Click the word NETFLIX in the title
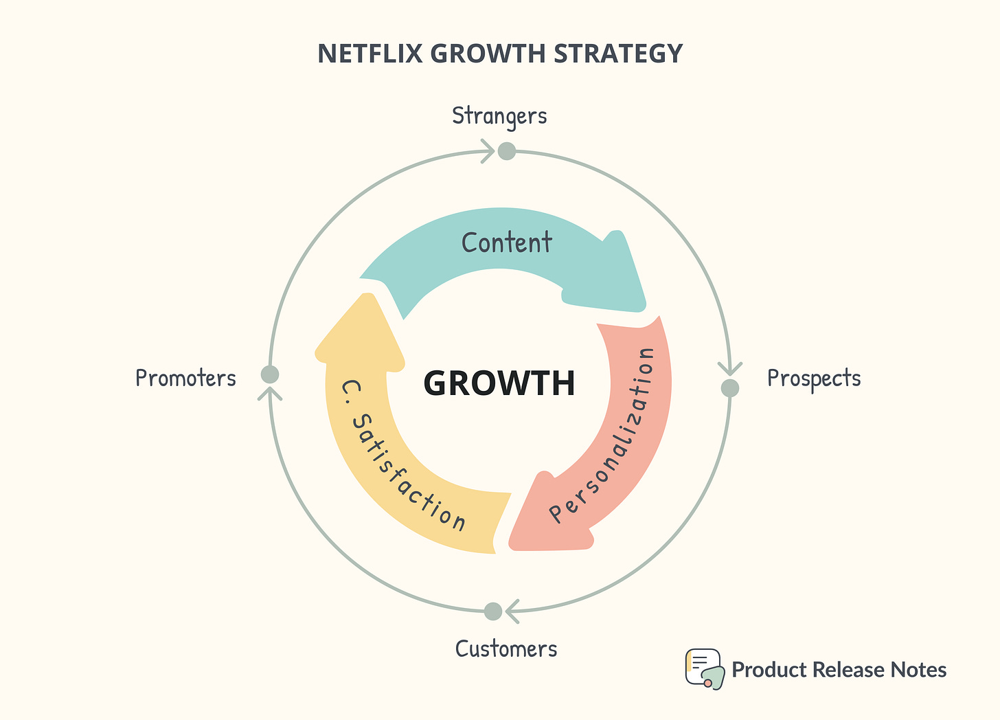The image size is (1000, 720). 370,54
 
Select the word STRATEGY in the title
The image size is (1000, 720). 618,54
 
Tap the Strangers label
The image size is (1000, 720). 499,116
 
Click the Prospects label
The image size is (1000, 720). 814,379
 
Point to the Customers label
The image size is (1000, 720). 506,649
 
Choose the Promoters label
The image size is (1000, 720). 185,379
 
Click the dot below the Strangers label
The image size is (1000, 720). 506,150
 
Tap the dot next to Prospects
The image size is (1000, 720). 729,388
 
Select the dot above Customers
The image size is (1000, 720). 492,611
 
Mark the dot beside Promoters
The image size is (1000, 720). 270,374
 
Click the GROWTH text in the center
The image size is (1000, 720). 499,383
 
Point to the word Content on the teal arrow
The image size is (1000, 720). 506,243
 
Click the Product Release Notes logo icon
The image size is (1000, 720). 704,668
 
